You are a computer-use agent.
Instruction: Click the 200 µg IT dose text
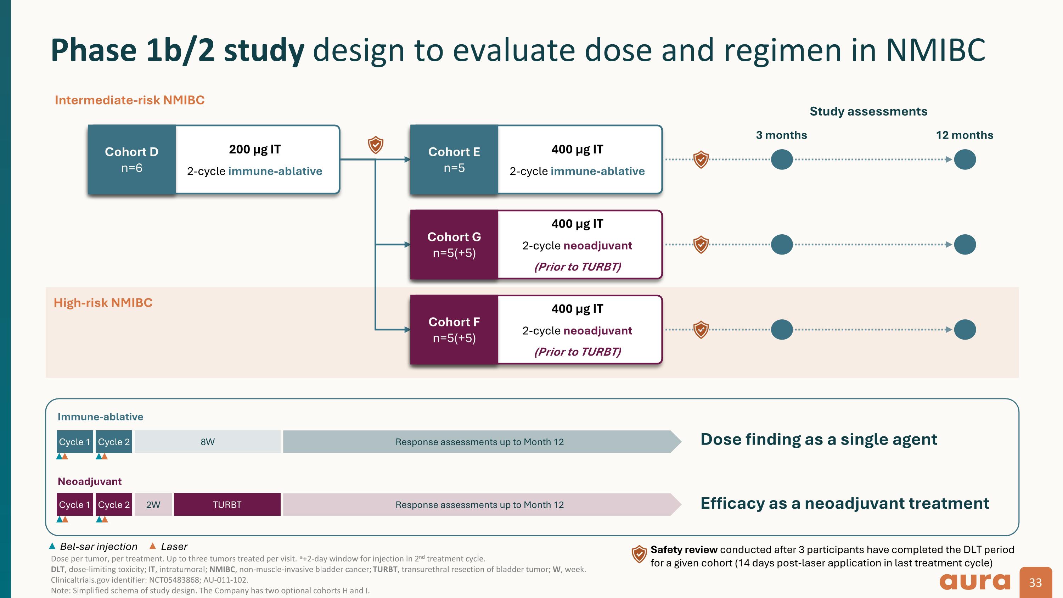(x=255, y=149)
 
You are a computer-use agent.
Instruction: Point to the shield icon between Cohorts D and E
(x=376, y=145)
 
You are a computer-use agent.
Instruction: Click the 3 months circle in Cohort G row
(x=782, y=244)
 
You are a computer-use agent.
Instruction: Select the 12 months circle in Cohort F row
(x=965, y=329)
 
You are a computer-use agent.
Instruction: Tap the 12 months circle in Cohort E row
(x=965, y=159)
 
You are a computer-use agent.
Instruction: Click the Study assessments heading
(x=868, y=111)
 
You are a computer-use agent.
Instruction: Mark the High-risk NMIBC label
(x=103, y=302)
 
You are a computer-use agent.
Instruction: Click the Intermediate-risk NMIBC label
(x=130, y=100)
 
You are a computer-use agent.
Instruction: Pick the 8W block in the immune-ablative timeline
(x=207, y=442)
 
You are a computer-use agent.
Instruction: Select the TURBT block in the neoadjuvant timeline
(x=227, y=504)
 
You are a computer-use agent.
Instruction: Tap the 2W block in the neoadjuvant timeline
(x=153, y=504)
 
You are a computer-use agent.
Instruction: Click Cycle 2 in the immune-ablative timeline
(x=114, y=442)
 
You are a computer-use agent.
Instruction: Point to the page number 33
(x=1035, y=582)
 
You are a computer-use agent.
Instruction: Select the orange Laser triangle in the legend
(x=153, y=546)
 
